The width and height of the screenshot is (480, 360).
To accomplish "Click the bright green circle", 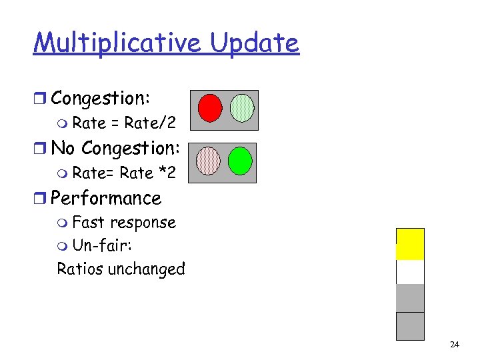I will tap(240, 161).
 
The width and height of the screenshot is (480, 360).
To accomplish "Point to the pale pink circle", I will tap(209, 161).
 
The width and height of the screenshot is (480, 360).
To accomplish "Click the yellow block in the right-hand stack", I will tap(410, 243).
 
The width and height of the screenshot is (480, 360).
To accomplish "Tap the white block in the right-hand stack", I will tap(410, 272).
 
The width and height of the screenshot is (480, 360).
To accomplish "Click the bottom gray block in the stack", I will tap(410, 326).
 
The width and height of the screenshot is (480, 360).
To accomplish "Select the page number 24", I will tap(455, 345).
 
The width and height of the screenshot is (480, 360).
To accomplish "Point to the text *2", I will tap(167, 173).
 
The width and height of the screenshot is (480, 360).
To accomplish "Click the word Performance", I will tap(106, 198).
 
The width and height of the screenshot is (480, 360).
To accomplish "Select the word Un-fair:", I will tap(102, 246).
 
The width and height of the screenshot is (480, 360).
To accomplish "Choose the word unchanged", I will tap(146, 269).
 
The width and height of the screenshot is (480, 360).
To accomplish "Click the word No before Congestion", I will tap(63, 148).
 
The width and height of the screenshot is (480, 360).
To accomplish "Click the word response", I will tap(143, 223).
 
